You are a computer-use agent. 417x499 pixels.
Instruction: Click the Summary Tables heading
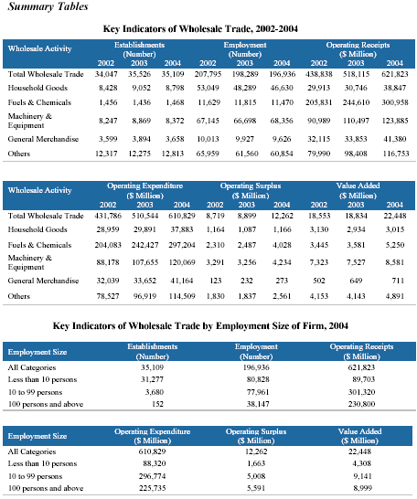pos(48,6)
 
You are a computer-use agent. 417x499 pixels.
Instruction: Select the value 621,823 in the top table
pos(395,74)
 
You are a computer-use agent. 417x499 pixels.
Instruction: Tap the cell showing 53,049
pos(208,88)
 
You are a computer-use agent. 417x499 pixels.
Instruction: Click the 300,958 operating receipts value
pos(395,102)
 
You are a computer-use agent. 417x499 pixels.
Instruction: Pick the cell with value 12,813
pos(173,154)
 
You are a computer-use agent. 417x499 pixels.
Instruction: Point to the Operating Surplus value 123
pos(216,281)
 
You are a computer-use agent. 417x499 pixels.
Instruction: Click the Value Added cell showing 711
pos(398,281)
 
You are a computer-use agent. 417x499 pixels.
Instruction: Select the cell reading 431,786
pos(108,216)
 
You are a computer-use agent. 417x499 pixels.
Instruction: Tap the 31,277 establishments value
pos(152,379)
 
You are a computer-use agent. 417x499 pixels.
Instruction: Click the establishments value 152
pos(157,404)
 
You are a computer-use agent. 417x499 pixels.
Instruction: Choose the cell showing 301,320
pos(361,392)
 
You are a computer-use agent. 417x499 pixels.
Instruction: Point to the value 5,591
pos(256,488)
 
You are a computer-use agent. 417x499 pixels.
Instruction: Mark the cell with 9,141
pos(362,476)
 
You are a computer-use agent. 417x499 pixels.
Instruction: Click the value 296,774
pos(152,476)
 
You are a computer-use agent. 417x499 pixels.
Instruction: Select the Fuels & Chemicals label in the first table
pos(39,102)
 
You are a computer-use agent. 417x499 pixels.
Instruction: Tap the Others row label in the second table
pos(19,296)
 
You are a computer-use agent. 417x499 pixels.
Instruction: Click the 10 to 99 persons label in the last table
pos(35,476)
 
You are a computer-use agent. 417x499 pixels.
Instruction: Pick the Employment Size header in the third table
pos(37,352)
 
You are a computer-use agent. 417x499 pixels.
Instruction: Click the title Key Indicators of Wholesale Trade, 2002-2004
pos(200,29)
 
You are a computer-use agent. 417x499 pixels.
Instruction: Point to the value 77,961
pos(258,392)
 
